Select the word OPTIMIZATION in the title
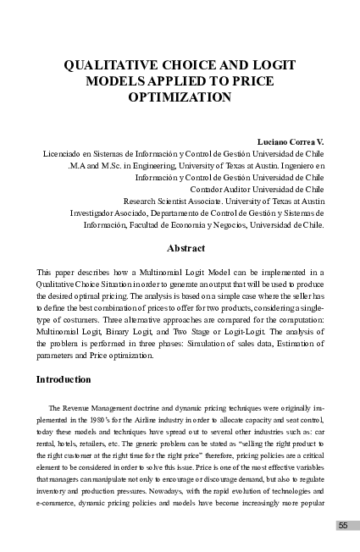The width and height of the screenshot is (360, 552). (180, 97)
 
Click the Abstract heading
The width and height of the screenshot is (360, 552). (180, 249)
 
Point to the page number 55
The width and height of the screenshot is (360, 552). (343, 526)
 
